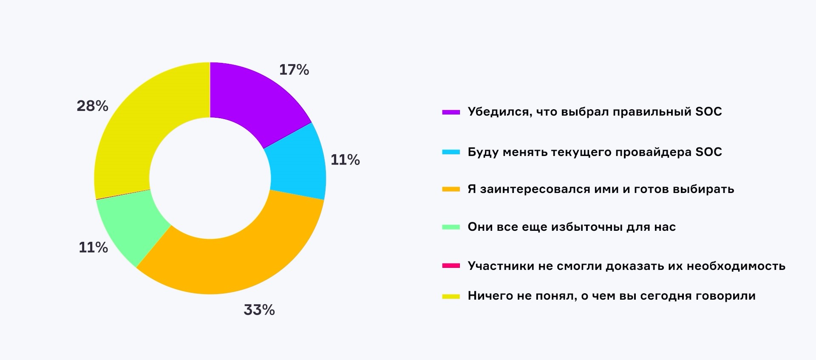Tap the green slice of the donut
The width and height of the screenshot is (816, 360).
132,225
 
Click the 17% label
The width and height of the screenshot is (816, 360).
294,70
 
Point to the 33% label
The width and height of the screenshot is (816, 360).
259,310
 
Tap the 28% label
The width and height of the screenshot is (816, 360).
92,106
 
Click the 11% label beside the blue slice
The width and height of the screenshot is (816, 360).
345,160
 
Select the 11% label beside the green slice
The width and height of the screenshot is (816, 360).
93,247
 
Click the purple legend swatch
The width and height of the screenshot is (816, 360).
451,112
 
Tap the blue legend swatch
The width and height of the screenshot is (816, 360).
451,152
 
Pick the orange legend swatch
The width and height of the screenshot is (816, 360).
451,189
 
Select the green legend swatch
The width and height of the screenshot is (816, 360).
451,227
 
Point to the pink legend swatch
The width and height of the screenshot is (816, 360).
451,266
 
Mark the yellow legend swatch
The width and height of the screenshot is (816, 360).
451,296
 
